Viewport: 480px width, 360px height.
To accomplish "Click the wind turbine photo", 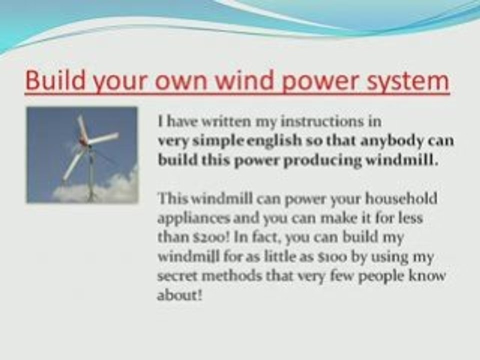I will pyautogui.click(x=82, y=154).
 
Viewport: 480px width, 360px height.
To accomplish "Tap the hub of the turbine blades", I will pyautogui.click(x=88, y=143).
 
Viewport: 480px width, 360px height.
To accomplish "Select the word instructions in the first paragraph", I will pyautogui.click(x=302, y=121).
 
